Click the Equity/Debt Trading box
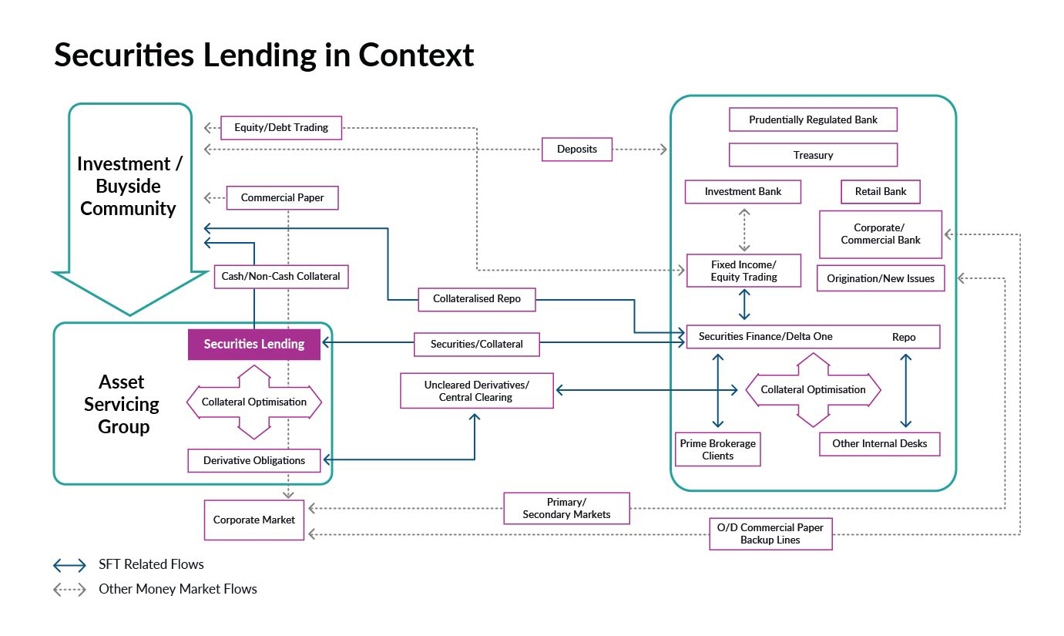(281, 127)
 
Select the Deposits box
(577, 149)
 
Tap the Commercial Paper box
(283, 197)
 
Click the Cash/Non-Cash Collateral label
(280, 276)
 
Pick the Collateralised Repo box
(476, 298)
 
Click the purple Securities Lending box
(254, 344)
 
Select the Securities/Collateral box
(476, 344)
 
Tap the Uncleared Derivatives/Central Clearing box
(477, 391)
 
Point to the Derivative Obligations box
(254, 460)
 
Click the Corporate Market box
(254, 520)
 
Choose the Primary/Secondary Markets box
(566, 508)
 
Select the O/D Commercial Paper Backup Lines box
(770, 533)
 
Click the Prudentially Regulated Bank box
(813, 119)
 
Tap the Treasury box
(813, 155)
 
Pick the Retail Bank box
(881, 191)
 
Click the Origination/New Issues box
(881, 278)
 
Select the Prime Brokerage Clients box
(718, 449)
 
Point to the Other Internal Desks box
(880, 443)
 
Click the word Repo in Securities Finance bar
(904, 337)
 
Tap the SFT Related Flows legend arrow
(69, 565)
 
